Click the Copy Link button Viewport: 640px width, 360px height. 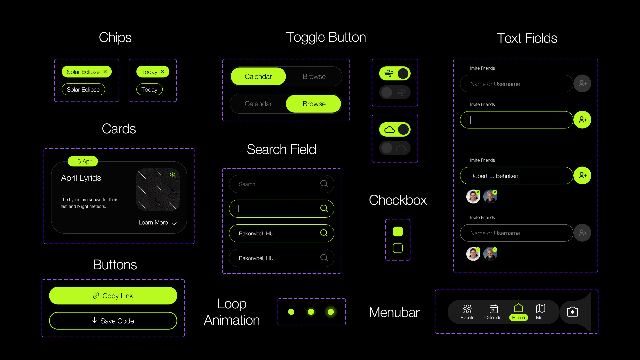pos(113,296)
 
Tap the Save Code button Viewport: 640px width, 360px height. pos(113,321)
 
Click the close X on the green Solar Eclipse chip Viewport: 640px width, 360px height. pos(105,72)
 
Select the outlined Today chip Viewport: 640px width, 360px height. pos(149,89)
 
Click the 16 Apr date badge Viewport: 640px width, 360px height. pos(83,161)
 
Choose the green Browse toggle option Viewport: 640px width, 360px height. pos(314,104)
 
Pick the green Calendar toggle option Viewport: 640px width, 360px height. pos(258,76)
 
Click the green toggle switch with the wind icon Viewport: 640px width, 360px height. pos(395,73)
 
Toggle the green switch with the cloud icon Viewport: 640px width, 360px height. pos(395,129)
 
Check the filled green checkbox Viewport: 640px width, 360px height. pos(398,231)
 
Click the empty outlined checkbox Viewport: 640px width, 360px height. pos(398,248)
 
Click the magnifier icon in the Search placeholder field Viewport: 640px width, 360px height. pos(324,184)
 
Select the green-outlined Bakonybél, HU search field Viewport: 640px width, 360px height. pos(282,233)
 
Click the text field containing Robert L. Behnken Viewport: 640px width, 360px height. pos(517,176)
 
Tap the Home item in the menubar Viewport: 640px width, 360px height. pos(518,312)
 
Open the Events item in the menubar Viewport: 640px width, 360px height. pos(467,312)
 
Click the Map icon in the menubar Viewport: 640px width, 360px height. pos(541,308)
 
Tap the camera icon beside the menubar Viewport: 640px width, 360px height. pos(573,312)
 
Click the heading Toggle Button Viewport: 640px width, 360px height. pos(326,37)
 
